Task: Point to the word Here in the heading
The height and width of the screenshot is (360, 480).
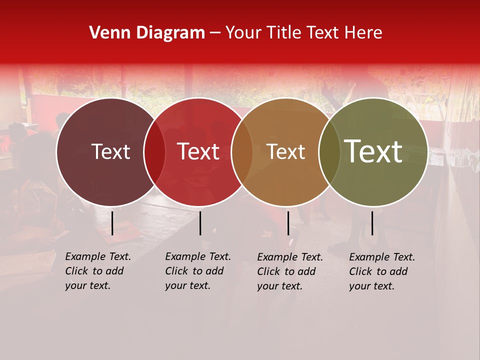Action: pos(364,33)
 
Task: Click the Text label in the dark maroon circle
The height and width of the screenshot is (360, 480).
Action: pos(110,151)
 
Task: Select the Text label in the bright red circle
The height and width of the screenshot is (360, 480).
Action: pos(198,151)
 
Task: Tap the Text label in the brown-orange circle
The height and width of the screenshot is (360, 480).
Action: pos(286,151)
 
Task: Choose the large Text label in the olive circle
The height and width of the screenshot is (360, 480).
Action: pos(373,151)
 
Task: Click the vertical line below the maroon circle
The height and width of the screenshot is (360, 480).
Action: pos(112,223)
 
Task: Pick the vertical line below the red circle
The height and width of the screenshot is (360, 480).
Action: pos(200,223)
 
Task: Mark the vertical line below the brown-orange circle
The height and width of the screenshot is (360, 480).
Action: pos(288,223)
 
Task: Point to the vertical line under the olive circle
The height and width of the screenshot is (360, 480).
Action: pos(372,223)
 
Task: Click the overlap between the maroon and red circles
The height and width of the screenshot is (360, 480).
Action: pos(154,151)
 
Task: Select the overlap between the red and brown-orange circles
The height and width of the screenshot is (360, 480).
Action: pos(242,151)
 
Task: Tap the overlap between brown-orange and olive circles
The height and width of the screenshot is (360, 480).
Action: pos(329,151)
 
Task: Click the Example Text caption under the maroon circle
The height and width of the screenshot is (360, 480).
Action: pos(98,271)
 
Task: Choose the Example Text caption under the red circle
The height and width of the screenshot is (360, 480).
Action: pos(198,271)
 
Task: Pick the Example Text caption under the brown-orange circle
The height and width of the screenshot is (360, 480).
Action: pos(290,271)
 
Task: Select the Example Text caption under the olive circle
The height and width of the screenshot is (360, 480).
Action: pos(382,271)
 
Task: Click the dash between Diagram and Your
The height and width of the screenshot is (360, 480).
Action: pos(215,33)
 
